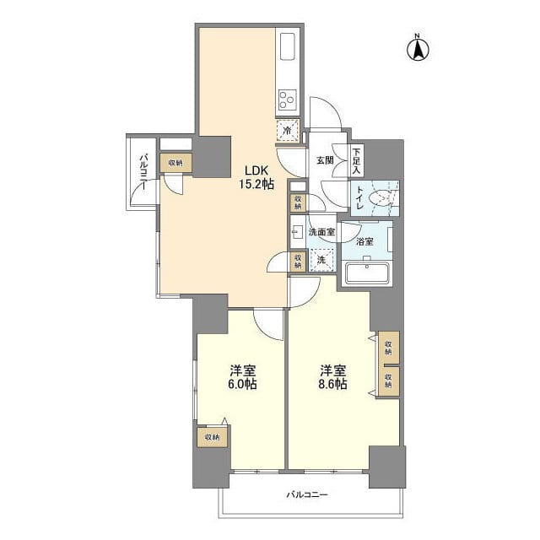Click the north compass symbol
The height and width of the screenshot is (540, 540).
pos(418,48)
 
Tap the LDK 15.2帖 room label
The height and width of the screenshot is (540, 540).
pos(256,177)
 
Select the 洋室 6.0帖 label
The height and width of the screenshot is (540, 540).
pos(242,377)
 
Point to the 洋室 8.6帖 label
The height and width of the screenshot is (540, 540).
pos(333,377)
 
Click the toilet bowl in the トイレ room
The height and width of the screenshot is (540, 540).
pos(379,199)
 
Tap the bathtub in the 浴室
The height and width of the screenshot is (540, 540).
pos(368,273)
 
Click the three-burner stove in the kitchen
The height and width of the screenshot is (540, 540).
pos(287,100)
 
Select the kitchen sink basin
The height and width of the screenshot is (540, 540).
pos(288,47)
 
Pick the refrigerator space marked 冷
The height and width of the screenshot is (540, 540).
pos(288,131)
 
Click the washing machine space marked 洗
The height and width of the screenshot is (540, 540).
pos(321,260)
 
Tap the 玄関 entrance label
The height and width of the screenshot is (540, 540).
pos(325,160)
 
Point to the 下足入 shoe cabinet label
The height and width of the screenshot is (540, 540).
pos(356,160)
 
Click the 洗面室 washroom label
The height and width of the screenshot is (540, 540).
pos(322,232)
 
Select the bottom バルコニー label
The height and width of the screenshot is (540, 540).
pos(307,495)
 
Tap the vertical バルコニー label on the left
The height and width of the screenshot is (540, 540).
pos(143,172)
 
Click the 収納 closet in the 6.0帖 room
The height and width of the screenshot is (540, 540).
pos(212,437)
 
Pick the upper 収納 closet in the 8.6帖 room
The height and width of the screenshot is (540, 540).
pos(388,348)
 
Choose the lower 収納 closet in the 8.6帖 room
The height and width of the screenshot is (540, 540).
pos(388,381)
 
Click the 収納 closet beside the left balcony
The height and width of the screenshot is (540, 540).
pos(175,163)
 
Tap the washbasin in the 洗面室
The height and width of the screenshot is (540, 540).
pos(296,231)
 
